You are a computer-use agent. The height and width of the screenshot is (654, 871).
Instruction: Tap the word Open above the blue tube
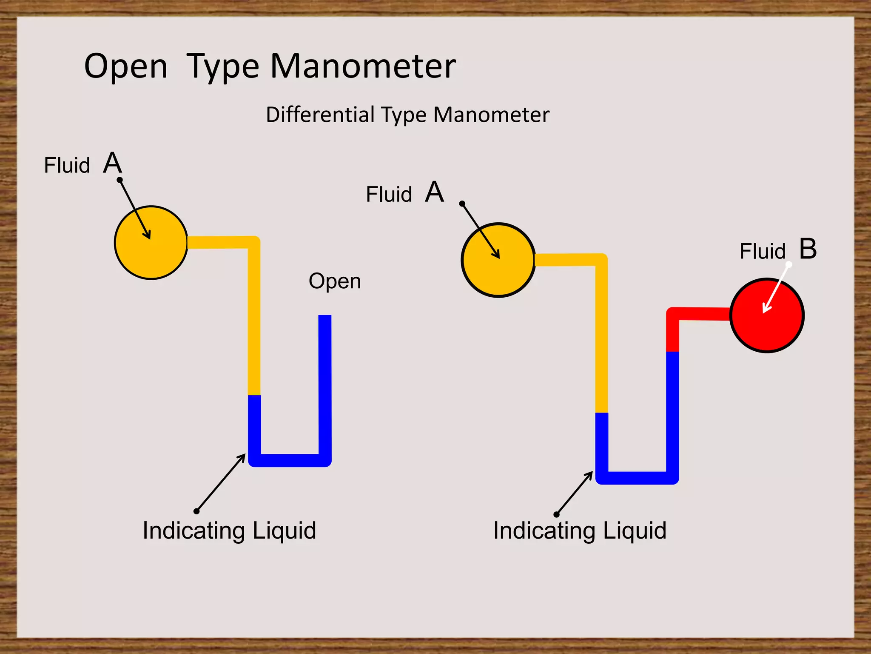pos(335,281)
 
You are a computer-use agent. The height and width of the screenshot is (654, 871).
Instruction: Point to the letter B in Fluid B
pos(808,249)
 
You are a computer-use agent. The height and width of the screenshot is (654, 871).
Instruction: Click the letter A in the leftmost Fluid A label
pos(112,163)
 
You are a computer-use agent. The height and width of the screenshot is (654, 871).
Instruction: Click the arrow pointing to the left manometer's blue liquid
pos(221,483)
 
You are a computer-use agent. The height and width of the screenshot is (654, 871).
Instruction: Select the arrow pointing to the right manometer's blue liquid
pos(574,493)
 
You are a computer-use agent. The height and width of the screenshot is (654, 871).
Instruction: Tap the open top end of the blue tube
pos(325,317)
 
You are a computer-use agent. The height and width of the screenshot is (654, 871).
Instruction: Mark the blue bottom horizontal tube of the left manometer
pos(290,460)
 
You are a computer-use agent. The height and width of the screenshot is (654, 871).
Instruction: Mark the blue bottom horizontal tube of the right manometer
pos(637,478)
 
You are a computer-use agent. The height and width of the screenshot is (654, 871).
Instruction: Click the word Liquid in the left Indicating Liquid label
pos(284,531)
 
